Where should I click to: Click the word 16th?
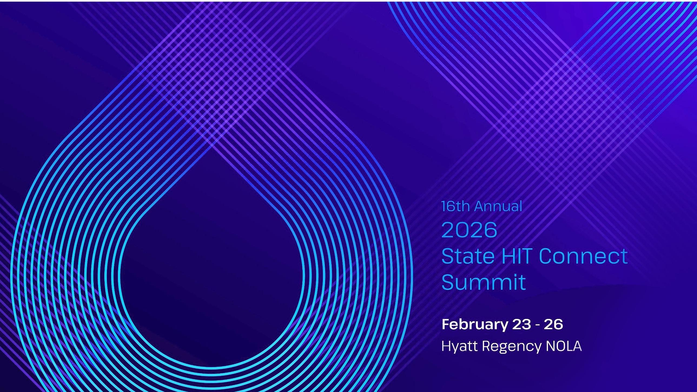coord(456,206)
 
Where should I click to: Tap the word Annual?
coord(498,206)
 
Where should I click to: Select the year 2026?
coord(470,230)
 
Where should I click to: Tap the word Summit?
coord(484,282)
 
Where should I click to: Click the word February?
coord(475,325)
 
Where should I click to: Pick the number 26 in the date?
coord(554,324)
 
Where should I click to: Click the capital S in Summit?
coord(448,282)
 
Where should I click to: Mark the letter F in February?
coord(445,324)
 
